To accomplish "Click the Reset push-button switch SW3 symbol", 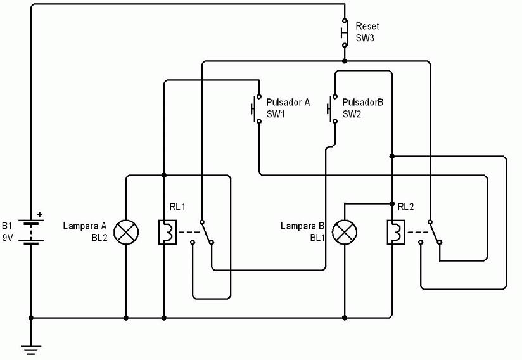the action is click(345, 32).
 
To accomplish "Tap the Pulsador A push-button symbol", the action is click(257, 109).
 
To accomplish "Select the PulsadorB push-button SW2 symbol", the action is click(333, 109).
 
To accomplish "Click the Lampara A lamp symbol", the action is click(126, 232).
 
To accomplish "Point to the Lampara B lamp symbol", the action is click(345, 232).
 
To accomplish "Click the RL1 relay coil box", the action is click(167, 232).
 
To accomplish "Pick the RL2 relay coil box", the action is click(396, 232).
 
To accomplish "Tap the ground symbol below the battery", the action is click(31, 350).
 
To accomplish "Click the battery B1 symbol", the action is click(31, 232).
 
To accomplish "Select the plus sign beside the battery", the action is click(40, 215).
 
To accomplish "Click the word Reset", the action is click(367, 26).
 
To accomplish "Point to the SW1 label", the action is click(276, 114).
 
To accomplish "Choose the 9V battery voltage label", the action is click(8, 238).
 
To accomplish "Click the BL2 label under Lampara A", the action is click(99, 238).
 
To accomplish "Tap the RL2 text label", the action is click(406, 207).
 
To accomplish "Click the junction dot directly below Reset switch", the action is click(345, 61).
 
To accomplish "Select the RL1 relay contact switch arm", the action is click(207, 232).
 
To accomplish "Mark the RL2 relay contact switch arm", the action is click(435, 232).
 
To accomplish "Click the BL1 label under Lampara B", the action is click(317, 238).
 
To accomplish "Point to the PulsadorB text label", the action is click(363, 102).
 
